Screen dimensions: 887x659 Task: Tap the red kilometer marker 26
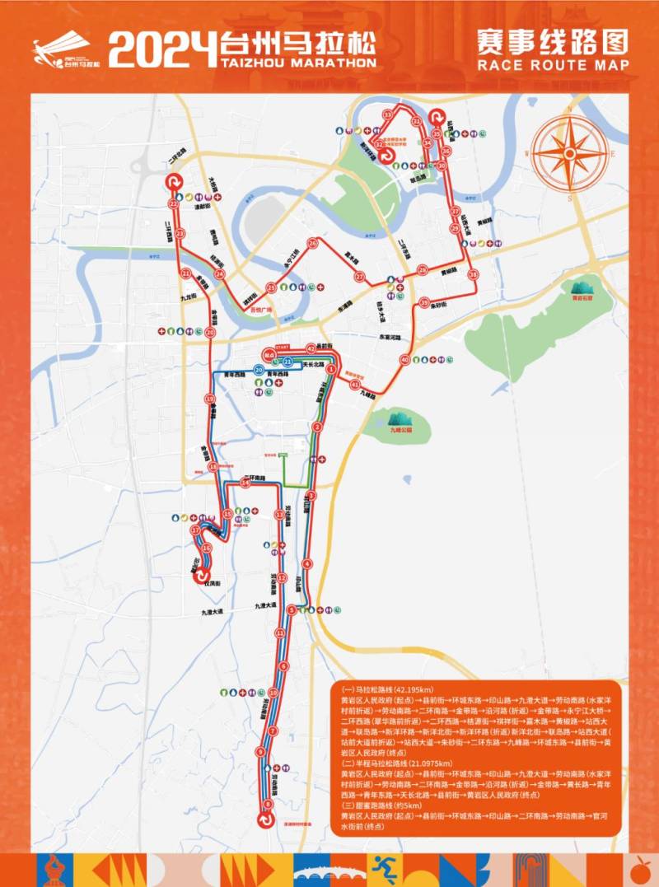[x=312, y=243]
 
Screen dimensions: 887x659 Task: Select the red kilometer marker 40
[x=404, y=360]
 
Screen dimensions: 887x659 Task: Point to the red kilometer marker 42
[x=311, y=347]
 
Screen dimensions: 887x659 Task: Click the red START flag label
[x=283, y=347]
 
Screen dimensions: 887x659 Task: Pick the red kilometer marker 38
[x=473, y=274]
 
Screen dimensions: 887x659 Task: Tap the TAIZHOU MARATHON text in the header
[x=298, y=62]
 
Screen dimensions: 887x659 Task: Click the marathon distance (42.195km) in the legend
[x=392, y=689]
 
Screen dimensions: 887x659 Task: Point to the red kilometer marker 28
[x=423, y=270]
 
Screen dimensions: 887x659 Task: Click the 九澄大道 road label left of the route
[x=217, y=612]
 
